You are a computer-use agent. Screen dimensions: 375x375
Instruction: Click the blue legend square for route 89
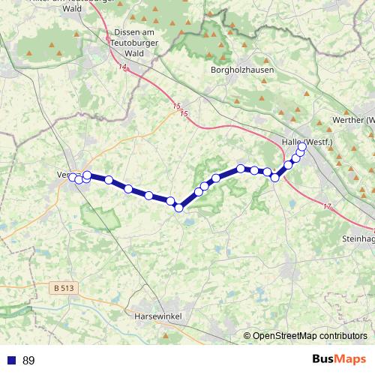[x=10, y=361]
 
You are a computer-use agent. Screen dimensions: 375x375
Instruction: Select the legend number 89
[x=28, y=361]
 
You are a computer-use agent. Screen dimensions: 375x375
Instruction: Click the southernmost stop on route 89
[x=179, y=208]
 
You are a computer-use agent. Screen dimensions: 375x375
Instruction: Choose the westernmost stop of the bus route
[x=73, y=177]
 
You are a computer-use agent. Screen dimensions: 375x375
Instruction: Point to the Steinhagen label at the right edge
[x=358, y=238]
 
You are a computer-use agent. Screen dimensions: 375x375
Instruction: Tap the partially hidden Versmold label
[x=64, y=175]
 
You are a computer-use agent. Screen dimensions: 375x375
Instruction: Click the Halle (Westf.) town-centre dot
[x=296, y=149]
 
